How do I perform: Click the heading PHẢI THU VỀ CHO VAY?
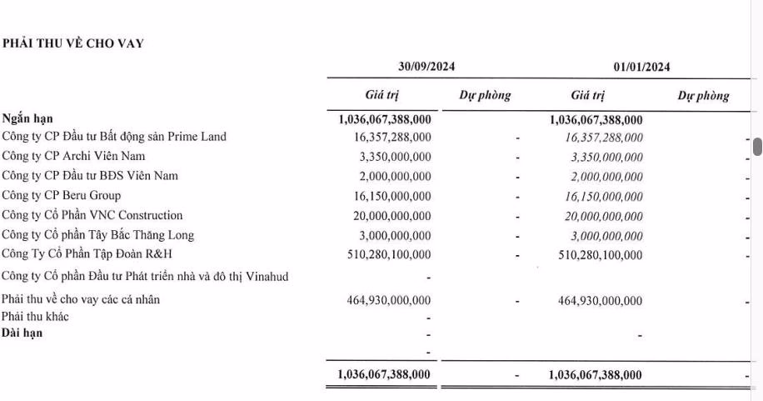pos(73,44)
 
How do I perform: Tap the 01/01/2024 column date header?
pos(641,67)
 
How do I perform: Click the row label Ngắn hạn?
pos(27,119)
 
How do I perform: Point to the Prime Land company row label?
pos(114,137)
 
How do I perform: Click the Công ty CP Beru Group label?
pos(62,196)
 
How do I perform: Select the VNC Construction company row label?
pos(92,216)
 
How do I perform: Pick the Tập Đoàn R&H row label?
pos(87,254)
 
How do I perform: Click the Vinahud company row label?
pos(146,276)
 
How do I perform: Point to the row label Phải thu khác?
pos(36,317)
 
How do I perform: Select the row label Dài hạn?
pos(22,333)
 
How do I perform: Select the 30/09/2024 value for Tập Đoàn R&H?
pos(389,254)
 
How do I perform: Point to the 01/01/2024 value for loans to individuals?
pos(600,300)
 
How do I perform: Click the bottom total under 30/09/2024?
pos(384,375)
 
